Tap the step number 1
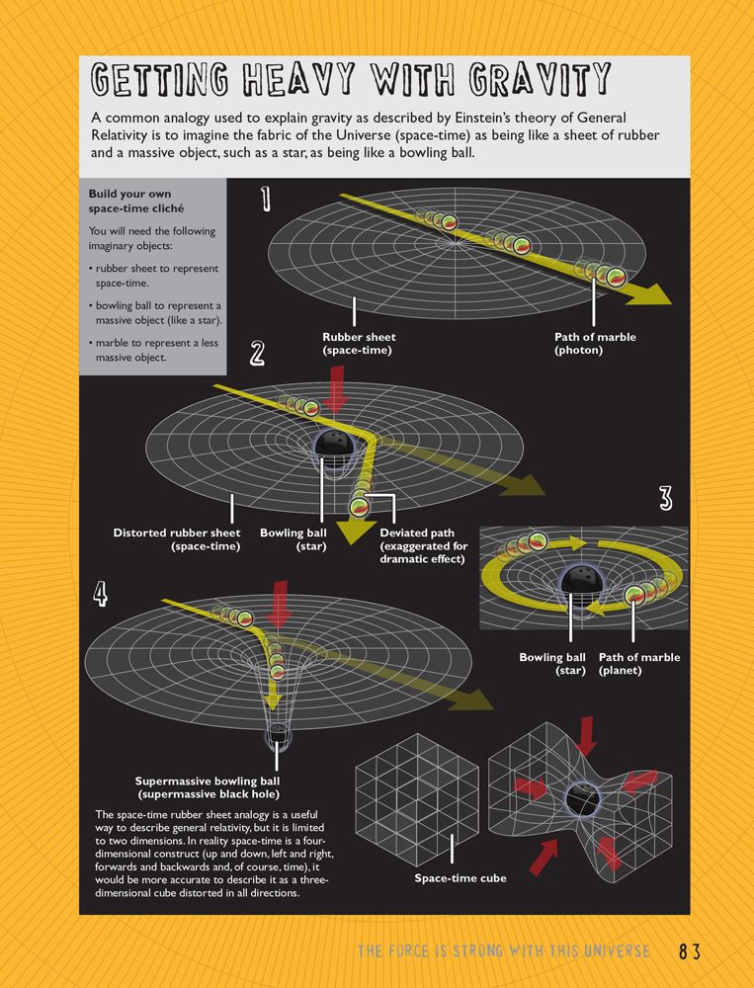[266, 201]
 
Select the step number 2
[258, 354]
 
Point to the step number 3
[666, 500]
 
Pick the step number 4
[102, 593]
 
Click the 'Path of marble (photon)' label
[595, 343]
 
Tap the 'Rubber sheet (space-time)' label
[359, 343]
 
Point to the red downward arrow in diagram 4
[280, 606]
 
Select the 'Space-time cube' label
[460, 877]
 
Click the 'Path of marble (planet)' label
[639, 664]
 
